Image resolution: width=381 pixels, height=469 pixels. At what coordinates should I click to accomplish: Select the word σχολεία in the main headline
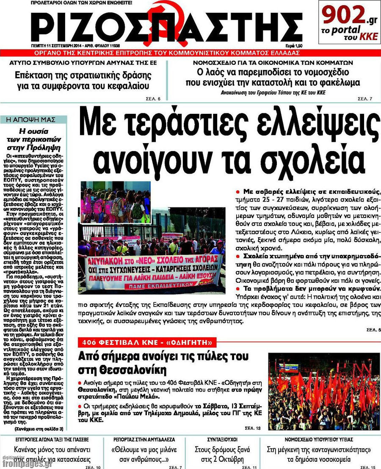point(316,156)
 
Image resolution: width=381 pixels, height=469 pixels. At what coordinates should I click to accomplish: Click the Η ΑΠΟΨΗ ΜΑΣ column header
point(34,120)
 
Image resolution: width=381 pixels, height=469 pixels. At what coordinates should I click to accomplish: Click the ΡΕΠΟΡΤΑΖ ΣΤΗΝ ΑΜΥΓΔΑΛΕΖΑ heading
point(144,439)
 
